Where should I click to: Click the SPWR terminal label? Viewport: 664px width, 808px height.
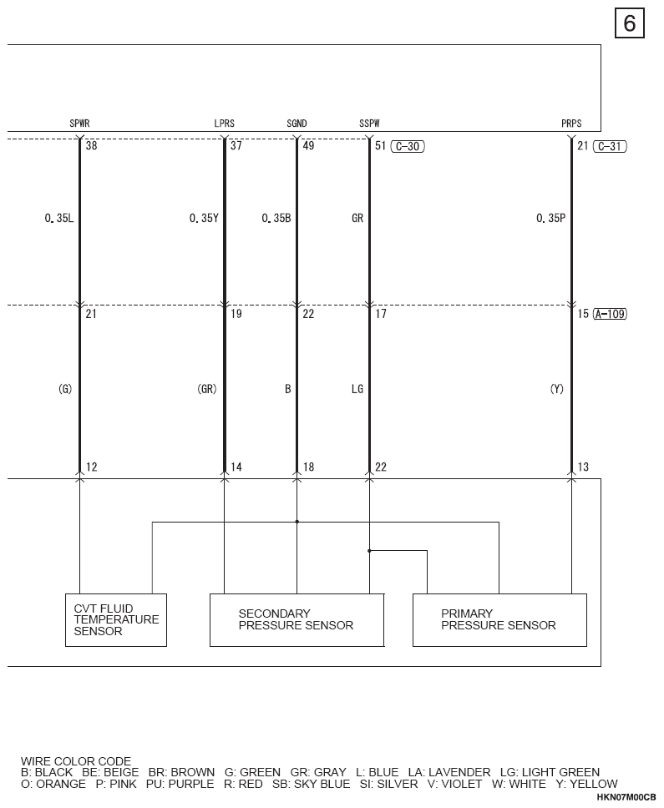pos(80,124)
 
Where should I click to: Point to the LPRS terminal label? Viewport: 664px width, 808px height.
pos(224,124)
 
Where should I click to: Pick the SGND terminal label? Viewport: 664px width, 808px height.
pos(297,124)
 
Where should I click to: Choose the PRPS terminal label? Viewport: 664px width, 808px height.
pos(571,124)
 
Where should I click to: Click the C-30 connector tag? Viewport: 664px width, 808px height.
pos(408,146)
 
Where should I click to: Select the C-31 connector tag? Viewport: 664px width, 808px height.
pos(610,146)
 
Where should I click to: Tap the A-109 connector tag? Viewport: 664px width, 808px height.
pos(610,314)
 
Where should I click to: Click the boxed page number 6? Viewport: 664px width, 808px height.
pos(630,23)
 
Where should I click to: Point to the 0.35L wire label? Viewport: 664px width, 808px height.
pos(59,219)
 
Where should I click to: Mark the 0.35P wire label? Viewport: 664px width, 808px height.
pos(550,219)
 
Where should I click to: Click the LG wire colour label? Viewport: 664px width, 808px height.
pos(357,389)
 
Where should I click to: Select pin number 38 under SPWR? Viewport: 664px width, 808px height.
pos(91,146)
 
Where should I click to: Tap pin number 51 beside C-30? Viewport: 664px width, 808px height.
pos(381,146)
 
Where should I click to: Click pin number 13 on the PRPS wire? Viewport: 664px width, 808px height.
pos(583,467)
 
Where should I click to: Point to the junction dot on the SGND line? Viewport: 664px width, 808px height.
pos(297,522)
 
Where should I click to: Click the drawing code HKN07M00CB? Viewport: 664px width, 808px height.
pos(626,797)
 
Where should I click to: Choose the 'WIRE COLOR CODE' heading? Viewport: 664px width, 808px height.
pos(76,761)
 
